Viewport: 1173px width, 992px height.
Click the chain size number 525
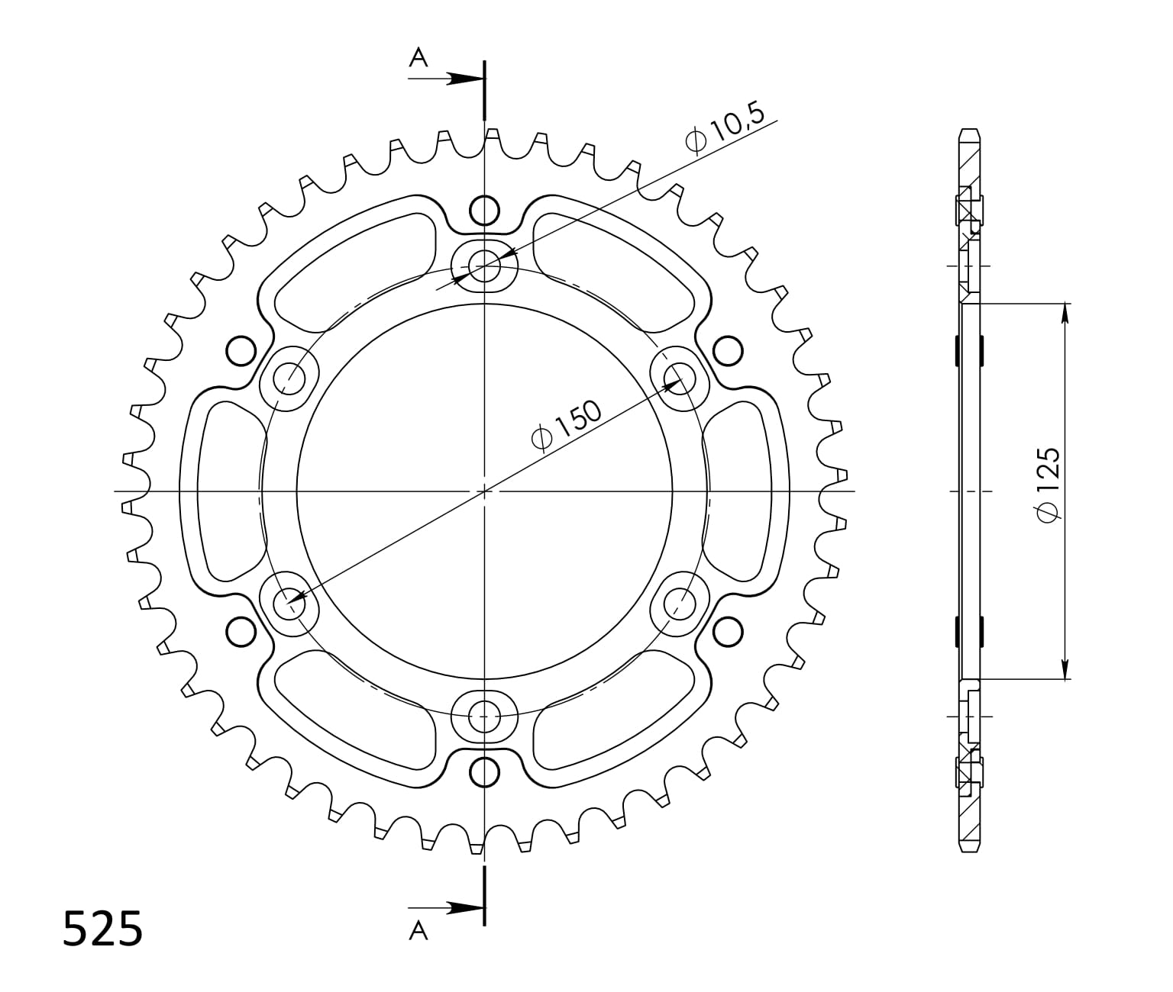103,929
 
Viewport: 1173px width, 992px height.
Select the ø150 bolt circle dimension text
566,425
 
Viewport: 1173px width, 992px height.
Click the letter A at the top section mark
418,57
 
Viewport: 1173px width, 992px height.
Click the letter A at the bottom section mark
418,931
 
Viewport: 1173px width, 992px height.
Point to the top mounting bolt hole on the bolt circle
485,266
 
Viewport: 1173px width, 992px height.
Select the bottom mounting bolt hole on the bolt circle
485,717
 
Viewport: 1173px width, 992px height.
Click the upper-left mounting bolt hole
289,378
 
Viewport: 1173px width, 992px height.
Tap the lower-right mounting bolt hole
680,604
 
